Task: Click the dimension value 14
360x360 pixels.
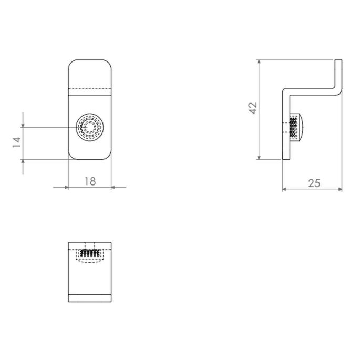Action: [x=16, y=142]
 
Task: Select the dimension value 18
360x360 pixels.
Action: [x=90, y=181]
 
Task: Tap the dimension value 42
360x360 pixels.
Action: [x=253, y=108]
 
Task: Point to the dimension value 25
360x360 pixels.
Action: [x=314, y=183]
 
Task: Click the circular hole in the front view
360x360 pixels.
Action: [x=90, y=127]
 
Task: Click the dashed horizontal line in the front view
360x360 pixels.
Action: [x=90, y=87]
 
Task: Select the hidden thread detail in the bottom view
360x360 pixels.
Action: [x=90, y=253]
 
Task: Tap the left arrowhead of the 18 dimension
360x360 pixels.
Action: [x=66, y=187]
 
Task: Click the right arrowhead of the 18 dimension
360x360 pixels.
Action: [x=114, y=187]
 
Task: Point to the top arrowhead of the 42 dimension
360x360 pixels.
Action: [x=259, y=63]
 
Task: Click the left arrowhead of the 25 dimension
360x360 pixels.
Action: [x=285, y=189]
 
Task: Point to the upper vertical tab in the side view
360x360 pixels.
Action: [x=339, y=74]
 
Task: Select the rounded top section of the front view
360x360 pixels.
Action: [x=90, y=74]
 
